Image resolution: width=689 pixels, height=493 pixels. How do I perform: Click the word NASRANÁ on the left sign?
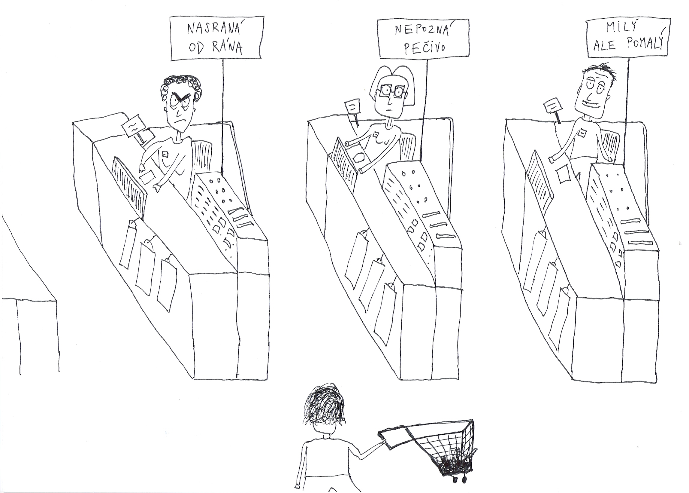coord(216,29)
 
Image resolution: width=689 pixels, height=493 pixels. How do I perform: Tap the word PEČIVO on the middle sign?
coord(425,48)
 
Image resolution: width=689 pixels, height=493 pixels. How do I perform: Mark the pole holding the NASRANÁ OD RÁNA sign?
coord(223,117)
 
